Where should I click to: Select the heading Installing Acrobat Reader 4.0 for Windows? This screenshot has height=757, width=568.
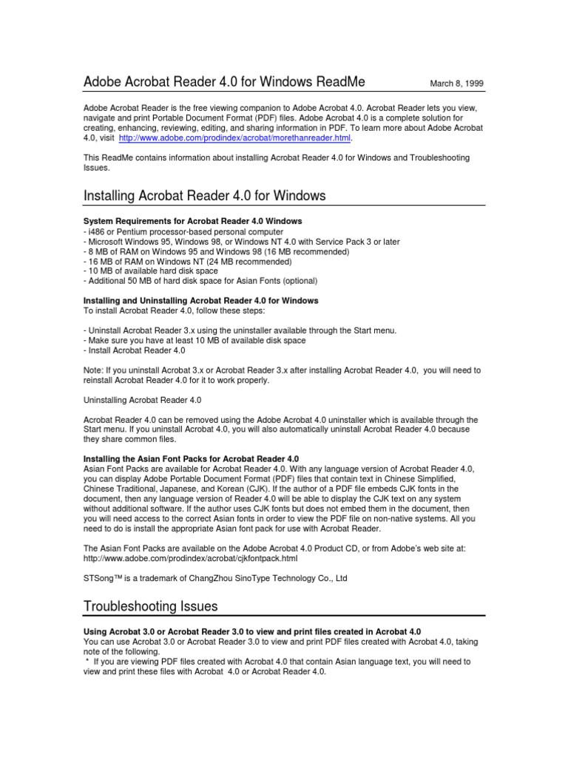204,196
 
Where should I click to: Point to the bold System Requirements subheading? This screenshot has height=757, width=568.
192,222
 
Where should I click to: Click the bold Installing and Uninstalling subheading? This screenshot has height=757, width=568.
200,301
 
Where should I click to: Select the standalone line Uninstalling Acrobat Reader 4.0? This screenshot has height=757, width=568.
142,400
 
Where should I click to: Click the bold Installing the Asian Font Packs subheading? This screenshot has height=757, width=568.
191,459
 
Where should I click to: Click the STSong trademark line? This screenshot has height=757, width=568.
214,578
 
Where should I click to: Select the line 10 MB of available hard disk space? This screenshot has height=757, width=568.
152,271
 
